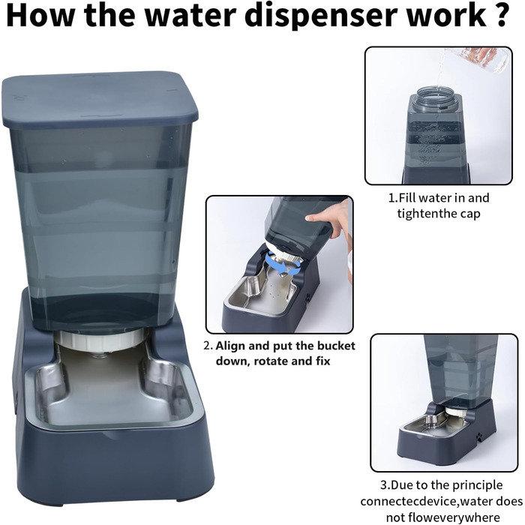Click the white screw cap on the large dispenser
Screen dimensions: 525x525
100,339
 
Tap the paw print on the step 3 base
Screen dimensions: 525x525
479,436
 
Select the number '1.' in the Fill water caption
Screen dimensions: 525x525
394,198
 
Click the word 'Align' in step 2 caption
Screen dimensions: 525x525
230,346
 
